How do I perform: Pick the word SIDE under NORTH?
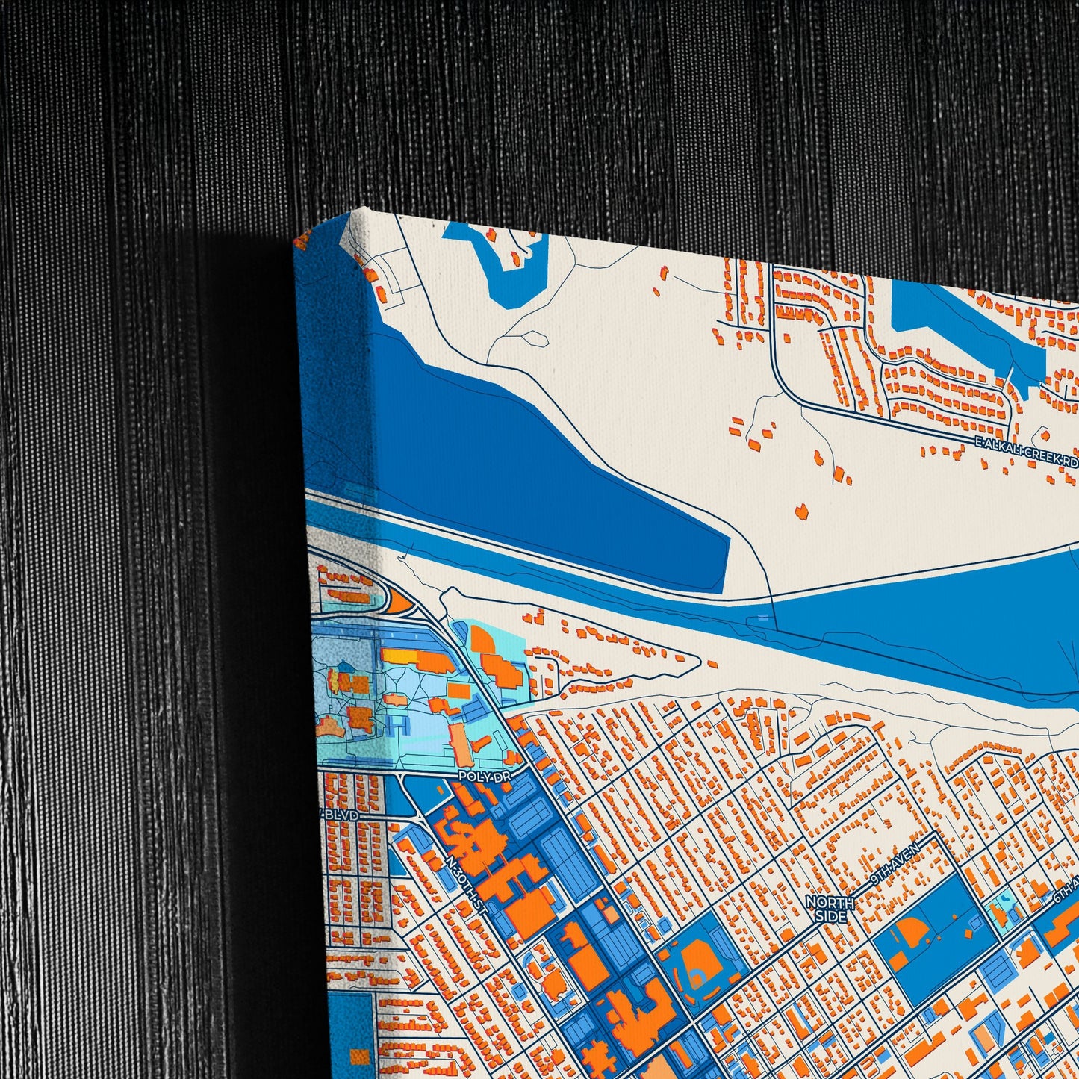click(830, 916)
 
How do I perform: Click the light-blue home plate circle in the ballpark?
click(697, 980)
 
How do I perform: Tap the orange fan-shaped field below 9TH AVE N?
click(912, 933)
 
